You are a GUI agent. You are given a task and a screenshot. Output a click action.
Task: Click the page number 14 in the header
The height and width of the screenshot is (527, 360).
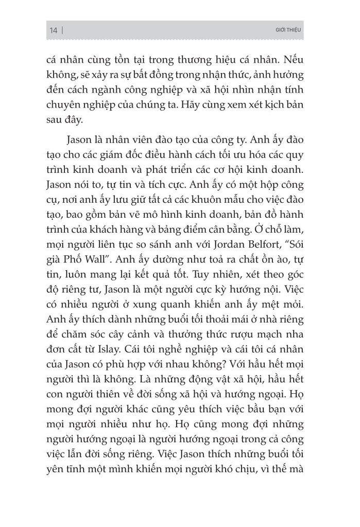pos(53,30)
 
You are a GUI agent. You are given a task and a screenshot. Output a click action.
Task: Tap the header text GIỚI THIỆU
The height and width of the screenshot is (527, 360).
pos(287,30)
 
